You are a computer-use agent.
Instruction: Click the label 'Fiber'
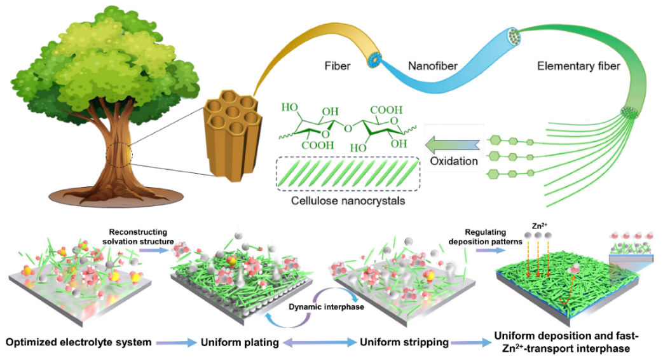(338, 66)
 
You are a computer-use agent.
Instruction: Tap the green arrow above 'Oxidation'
(453, 141)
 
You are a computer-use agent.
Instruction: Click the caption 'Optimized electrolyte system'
(78, 343)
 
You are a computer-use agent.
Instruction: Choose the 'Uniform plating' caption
(240, 343)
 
